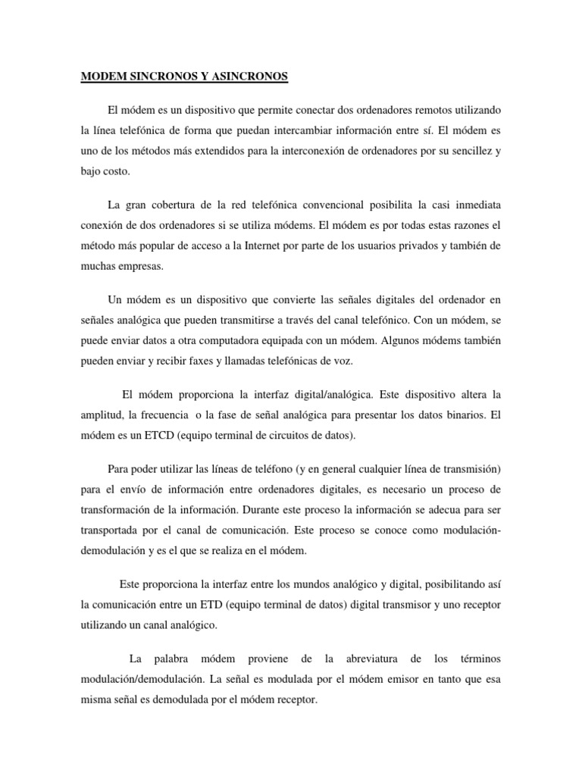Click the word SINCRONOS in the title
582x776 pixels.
159,77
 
